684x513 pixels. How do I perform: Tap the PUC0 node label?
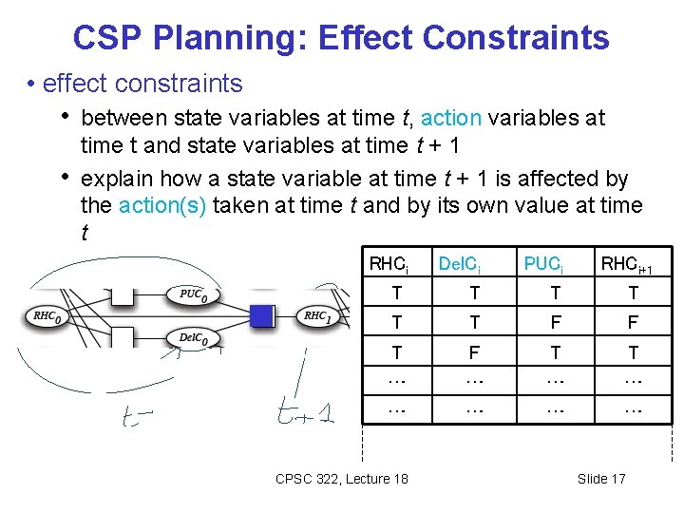pyautogui.click(x=194, y=294)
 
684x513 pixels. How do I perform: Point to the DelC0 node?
pyautogui.click(x=194, y=338)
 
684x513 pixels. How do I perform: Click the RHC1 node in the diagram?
pyautogui.click(x=316, y=316)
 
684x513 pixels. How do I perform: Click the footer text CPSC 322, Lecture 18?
pyautogui.click(x=342, y=479)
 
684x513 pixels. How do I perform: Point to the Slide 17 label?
pyautogui.click(x=601, y=479)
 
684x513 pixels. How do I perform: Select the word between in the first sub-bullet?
pyautogui.click(x=121, y=118)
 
